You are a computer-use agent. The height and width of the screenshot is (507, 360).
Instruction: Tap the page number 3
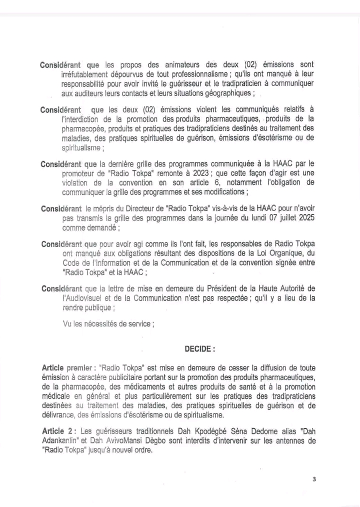314,479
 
